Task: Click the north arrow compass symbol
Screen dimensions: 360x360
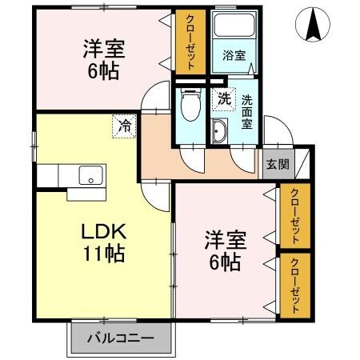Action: pyautogui.click(x=313, y=25)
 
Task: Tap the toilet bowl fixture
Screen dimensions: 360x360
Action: pyautogui.click(x=190, y=105)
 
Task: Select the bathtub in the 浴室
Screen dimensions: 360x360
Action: pyautogui.click(x=234, y=25)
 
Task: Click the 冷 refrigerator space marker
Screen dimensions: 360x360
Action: pyautogui.click(x=125, y=126)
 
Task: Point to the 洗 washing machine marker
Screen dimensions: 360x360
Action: pyautogui.click(x=224, y=99)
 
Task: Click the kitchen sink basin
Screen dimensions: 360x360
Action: pyautogui.click(x=90, y=175)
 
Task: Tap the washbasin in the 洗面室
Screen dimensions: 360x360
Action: pyautogui.click(x=219, y=131)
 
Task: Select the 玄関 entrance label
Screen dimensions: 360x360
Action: pyautogui.click(x=278, y=164)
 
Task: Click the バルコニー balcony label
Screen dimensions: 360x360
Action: pyautogui.click(x=121, y=338)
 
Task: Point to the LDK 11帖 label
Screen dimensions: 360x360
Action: pyautogui.click(x=104, y=242)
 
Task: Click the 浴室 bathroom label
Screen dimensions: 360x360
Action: pyautogui.click(x=234, y=55)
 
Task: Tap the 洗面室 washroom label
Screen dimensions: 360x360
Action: pyautogui.click(x=247, y=112)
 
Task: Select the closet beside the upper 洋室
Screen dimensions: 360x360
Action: pyautogui.click(x=190, y=42)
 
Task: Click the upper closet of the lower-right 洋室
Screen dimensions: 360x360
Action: pyautogui.click(x=295, y=216)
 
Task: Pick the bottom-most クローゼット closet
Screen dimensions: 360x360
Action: pyautogui.click(x=295, y=286)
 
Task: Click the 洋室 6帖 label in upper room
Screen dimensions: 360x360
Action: pyautogui.click(x=104, y=59)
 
